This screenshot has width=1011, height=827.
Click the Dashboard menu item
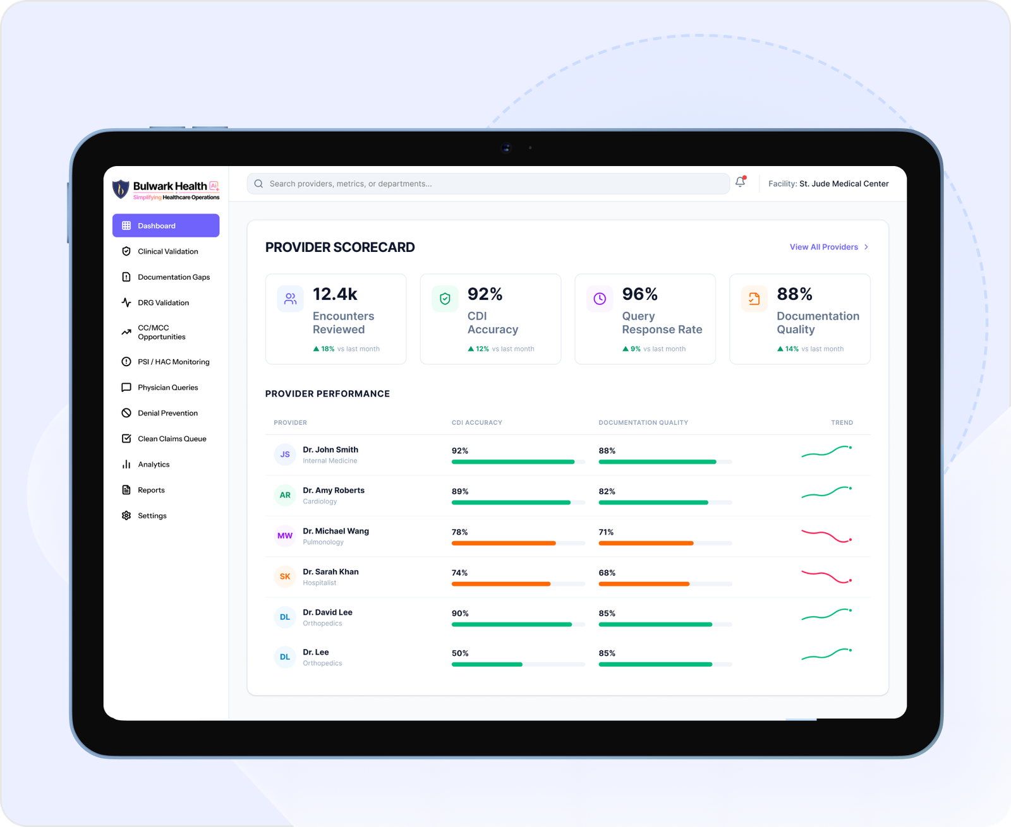click(x=166, y=225)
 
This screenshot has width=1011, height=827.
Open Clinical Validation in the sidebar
click(x=167, y=251)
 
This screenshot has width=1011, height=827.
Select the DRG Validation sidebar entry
click(x=163, y=302)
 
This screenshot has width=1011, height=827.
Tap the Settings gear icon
click(x=126, y=516)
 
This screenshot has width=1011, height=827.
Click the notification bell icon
click(x=740, y=182)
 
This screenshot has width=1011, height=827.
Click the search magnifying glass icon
click(x=258, y=184)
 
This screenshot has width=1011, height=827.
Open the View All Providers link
click(x=829, y=247)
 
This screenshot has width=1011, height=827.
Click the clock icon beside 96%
click(x=600, y=299)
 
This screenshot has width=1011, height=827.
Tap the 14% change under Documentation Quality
click(x=792, y=349)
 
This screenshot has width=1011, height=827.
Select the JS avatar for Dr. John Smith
click(x=285, y=455)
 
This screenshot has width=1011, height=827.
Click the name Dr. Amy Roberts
click(x=334, y=491)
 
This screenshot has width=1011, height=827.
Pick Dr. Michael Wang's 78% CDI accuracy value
click(x=460, y=532)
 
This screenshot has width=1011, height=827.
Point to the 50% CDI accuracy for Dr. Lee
click(x=460, y=653)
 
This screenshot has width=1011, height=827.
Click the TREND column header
click(x=842, y=423)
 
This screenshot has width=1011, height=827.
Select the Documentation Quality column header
click(x=643, y=423)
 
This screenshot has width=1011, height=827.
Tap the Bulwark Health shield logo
click(x=121, y=189)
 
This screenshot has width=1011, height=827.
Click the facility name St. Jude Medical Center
click(x=844, y=184)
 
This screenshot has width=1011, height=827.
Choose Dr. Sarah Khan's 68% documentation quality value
click(x=607, y=573)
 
